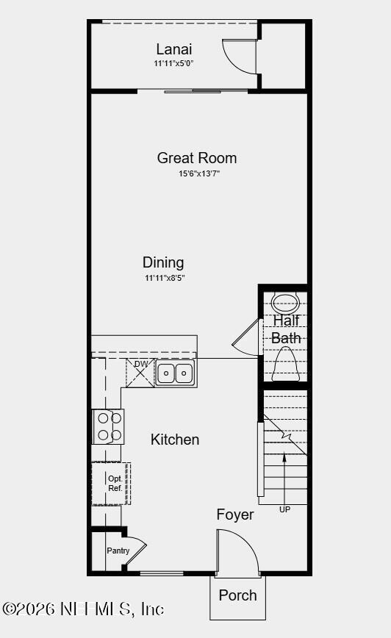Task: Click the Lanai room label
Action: pos(174,49)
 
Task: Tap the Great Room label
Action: pos(197,158)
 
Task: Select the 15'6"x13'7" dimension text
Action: pos(198,173)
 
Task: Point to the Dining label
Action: pos(163,262)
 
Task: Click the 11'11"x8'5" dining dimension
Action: pos(165,278)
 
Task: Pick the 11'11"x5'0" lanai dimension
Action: pos(174,63)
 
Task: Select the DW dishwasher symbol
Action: pos(140,373)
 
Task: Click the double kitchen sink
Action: pos(175,373)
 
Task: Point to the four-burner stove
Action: pos(108,426)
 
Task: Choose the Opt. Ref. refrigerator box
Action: pos(111,483)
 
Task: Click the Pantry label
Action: pos(118,551)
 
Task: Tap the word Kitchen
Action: pos(175,440)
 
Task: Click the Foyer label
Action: pos(235,515)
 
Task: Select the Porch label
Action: pos(238,595)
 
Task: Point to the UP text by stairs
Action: pos(284,509)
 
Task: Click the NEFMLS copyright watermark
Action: pos(83,609)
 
